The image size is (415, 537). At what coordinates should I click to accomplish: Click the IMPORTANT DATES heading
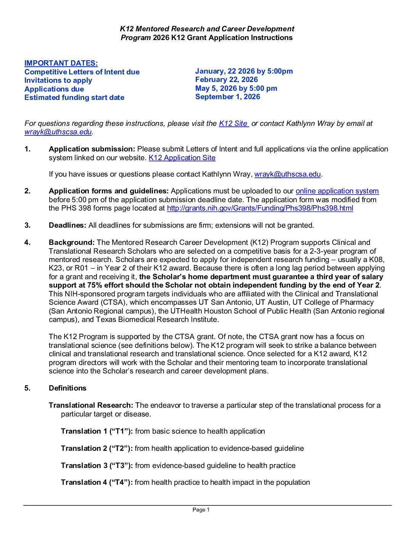[61, 63]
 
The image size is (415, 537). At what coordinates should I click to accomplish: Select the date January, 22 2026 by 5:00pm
[244, 71]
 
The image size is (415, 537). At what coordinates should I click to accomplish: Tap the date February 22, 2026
[226, 80]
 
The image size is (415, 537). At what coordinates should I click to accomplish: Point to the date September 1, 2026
[227, 97]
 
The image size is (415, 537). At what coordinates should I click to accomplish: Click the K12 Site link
[233, 124]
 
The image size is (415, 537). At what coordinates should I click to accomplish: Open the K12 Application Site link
[182, 158]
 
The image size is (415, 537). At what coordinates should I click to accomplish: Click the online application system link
[337, 191]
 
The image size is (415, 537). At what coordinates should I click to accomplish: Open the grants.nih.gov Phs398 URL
[260, 208]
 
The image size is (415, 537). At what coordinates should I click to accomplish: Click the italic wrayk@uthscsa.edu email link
[58, 132]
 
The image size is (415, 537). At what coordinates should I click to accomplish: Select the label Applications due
[54, 89]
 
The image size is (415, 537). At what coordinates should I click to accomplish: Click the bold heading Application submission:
[92, 149]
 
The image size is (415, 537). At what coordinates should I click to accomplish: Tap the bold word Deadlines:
[68, 225]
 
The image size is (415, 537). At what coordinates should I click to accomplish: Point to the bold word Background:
[72, 243]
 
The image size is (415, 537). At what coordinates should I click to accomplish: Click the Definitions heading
[68, 388]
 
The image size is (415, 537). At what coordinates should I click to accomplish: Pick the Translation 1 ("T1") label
[97, 431]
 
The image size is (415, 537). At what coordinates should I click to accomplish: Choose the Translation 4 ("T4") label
[97, 482]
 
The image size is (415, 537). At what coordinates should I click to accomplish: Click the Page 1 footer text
[201, 510]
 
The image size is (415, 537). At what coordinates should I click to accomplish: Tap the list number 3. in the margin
[27, 225]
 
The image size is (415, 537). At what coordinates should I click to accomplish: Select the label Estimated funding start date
[74, 98]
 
